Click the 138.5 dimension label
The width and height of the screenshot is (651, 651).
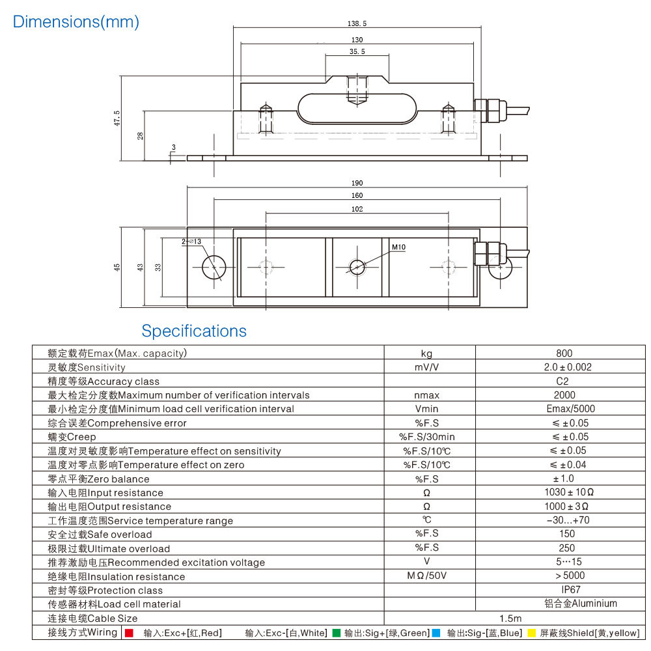click(x=357, y=23)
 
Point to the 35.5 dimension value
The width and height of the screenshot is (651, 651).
click(x=357, y=51)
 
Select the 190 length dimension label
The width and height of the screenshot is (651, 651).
click(x=357, y=184)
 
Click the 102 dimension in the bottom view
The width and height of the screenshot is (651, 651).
click(x=357, y=210)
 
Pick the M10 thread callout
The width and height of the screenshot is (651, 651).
click(x=398, y=247)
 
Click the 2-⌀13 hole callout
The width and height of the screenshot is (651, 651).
click(x=192, y=242)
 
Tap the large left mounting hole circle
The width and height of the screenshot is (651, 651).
click(x=214, y=268)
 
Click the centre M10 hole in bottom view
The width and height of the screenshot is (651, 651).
click(x=357, y=268)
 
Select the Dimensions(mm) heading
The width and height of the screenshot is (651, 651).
click(x=76, y=21)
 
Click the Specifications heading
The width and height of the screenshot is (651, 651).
click(x=194, y=331)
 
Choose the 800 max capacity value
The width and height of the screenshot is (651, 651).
click(x=564, y=353)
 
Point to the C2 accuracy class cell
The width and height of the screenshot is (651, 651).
click(x=562, y=381)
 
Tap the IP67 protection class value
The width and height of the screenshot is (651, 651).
click(x=562, y=590)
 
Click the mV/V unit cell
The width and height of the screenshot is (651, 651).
click(x=427, y=367)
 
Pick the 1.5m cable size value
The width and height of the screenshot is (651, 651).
click(x=511, y=618)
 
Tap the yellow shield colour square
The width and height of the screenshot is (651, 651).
click(x=532, y=633)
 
